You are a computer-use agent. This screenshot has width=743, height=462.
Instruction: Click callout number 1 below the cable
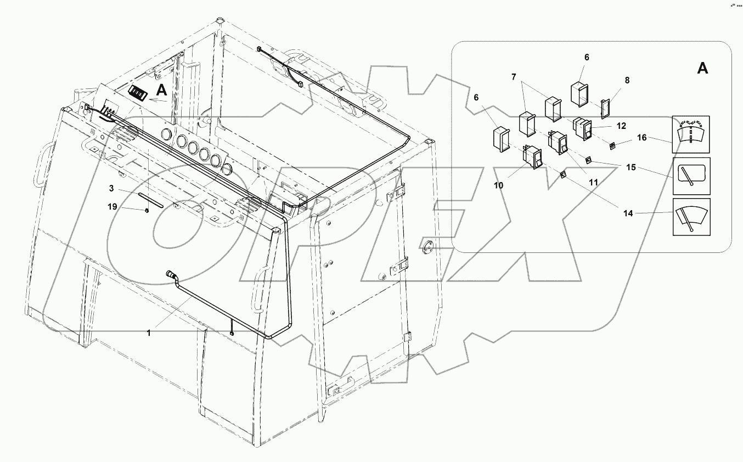coord(148,331)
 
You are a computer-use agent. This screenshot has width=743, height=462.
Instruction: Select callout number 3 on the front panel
coord(111,188)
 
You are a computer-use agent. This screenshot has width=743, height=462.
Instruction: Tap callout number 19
coord(112,207)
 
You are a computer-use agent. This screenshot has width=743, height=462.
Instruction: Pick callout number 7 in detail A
coord(514,77)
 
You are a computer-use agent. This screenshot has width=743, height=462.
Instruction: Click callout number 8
coord(627,80)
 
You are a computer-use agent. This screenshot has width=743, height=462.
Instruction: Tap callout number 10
coord(498,185)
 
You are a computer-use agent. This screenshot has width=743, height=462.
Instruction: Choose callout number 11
coord(593,181)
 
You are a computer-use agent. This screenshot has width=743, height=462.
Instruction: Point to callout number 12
coord(621,126)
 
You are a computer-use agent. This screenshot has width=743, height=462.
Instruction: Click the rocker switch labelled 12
coord(582,128)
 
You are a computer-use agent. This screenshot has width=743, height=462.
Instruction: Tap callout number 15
coord(631,167)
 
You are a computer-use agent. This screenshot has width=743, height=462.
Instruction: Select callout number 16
coord(641,138)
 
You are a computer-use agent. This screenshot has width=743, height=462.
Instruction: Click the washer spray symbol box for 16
coord(691,134)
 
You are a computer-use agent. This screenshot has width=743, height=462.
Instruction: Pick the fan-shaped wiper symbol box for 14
coord(691,217)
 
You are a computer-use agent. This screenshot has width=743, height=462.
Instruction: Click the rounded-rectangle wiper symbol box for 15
coord(691,176)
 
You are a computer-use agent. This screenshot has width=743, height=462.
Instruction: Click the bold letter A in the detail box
coord(702,69)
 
